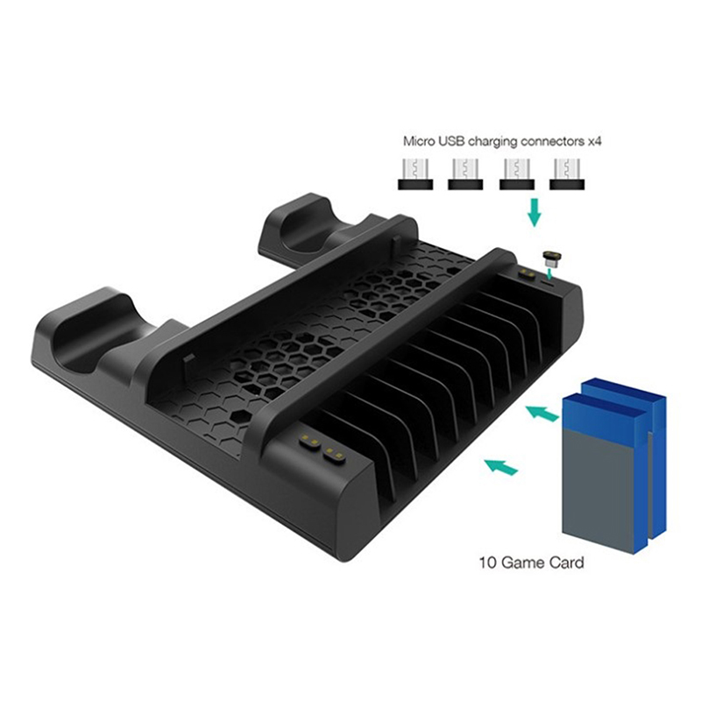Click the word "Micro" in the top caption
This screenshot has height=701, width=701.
point(418,141)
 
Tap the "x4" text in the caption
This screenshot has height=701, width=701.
point(594,142)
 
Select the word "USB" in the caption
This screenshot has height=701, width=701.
point(451,141)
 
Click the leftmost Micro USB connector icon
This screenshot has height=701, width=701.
point(415,173)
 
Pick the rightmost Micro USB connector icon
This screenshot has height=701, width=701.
point(567,173)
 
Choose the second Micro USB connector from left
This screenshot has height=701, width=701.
point(465,173)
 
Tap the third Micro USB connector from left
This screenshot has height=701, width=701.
point(517,173)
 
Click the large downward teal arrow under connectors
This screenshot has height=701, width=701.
point(534,212)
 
